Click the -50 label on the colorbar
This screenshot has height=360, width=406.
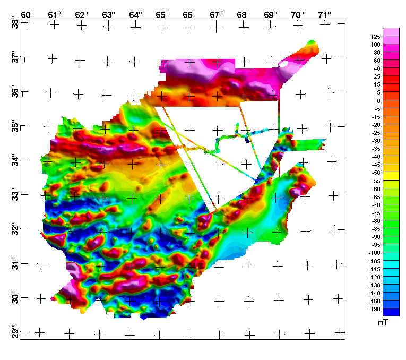point(375,173)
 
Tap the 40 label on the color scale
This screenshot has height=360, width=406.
point(376,68)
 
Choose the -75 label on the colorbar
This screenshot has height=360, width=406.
point(375,212)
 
